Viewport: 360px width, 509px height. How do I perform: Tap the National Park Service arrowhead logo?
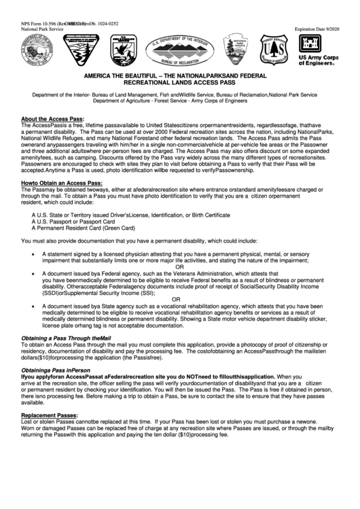[x=240, y=50]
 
